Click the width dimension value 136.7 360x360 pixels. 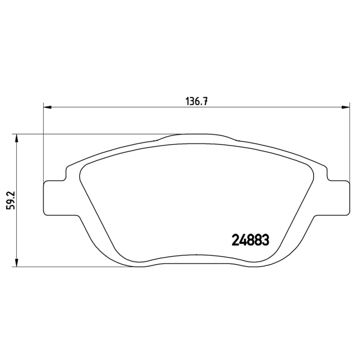click(196, 101)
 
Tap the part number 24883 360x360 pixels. click(250, 240)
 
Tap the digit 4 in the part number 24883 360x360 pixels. click(243, 240)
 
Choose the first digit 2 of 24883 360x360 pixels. click(235, 240)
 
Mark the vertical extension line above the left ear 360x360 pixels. click(43, 144)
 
